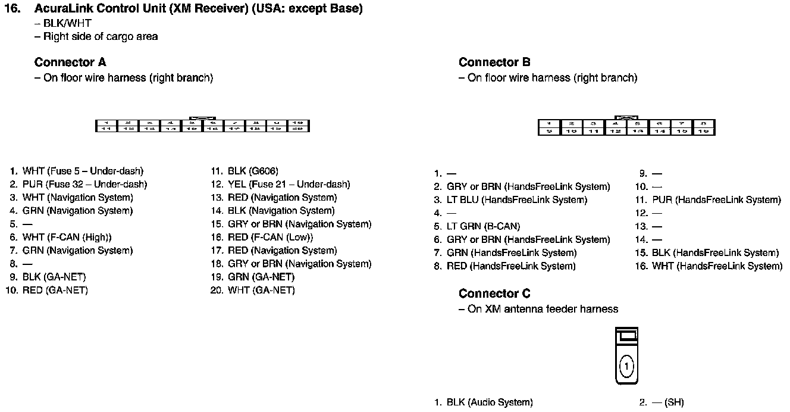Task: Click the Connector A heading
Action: click(x=70, y=63)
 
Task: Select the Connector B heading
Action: click(x=494, y=63)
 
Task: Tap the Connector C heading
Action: click(x=494, y=294)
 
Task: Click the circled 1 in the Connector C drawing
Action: click(x=626, y=365)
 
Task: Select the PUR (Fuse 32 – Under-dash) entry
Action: click(x=84, y=185)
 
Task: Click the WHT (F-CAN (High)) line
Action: click(x=67, y=237)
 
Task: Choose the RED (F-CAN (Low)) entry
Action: click(x=270, y=237)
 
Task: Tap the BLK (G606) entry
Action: click(x=253, y=171)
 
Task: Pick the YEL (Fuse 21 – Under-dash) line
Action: click(x=289, y=185)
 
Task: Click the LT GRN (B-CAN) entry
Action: click(x=483, y=226)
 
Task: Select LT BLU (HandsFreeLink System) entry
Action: click(x=516, y=200)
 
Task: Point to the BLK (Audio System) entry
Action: click(x=490, y=402)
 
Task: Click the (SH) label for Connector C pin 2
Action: click(x=674, y=402)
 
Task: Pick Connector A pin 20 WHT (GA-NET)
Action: click(x=261, y=291)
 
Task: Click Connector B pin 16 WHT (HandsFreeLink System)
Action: click(x=717, y=266)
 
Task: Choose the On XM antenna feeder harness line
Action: click(x=543, y=309)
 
